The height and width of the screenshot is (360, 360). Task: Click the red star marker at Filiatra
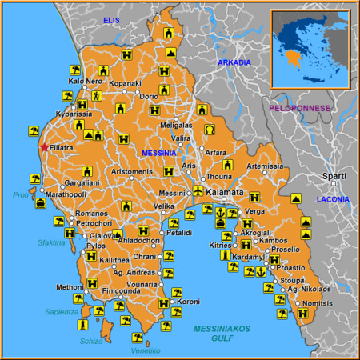coord(42,147)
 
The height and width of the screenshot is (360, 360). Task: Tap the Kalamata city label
coord(224,194)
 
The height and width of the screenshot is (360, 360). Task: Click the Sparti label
coord(334,175)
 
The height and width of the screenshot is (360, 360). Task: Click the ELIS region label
coord(110,19)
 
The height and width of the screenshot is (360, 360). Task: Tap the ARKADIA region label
coord(234,62)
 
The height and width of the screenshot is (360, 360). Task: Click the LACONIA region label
coord(334,198)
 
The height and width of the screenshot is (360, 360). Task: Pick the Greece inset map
coord(310,47)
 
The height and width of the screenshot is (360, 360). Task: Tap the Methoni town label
coord(68,286)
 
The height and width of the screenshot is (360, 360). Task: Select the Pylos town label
coord(95,246)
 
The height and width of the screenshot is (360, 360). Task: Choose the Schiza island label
coord(91,341)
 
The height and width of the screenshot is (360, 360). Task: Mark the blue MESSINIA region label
coord(159,152)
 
